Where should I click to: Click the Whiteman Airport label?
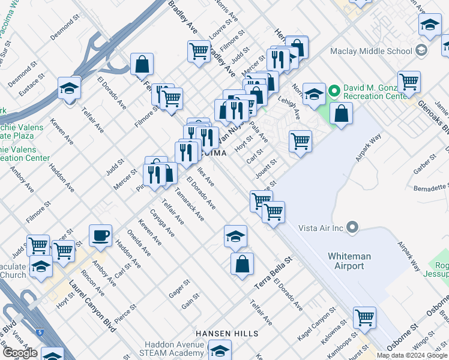pos(349,261)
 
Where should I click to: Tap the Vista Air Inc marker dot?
pos(352,227)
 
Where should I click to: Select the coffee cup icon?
pos(100,235)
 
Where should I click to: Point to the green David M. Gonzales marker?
pos(334,92)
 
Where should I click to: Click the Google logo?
pos(20,353)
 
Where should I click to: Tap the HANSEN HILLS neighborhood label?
pos(227,333)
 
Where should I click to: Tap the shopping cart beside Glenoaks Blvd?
pos(409,81)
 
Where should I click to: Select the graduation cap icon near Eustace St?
pos(70,88)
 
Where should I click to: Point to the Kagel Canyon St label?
pos(315,322)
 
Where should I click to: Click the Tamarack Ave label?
pos(190,204)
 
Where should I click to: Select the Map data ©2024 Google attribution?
pos(412,355)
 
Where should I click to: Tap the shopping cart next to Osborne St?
pos(364,317)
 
